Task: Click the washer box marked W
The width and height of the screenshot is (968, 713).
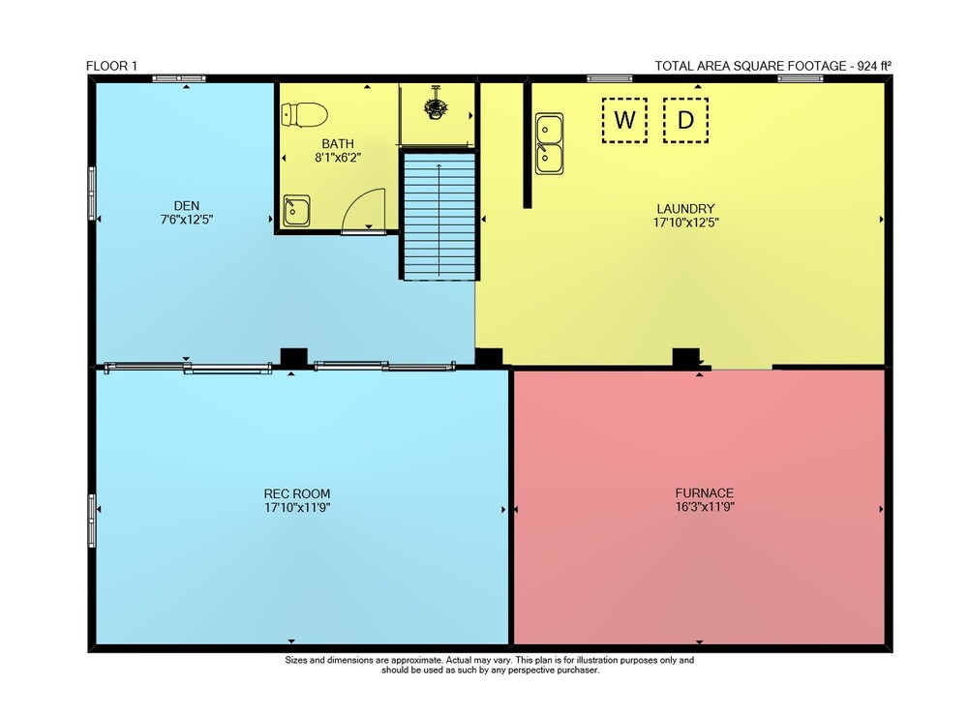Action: [624, 120]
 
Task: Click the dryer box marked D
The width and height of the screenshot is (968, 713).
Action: [685, 120]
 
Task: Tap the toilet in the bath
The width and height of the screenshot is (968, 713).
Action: [304, 115]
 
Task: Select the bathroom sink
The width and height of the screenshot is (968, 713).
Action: [296, 210]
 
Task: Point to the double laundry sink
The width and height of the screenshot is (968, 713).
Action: [549, 144]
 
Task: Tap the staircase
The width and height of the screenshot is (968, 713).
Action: [439, 216]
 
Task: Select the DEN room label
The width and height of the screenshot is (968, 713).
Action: [187, 205]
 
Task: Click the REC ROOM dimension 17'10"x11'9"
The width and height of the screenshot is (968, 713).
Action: [297, 508]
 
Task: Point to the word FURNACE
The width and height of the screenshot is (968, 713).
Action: [705, 492]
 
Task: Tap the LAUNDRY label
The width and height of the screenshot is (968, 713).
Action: [685, 208]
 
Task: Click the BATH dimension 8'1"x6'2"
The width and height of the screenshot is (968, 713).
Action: [338, 158]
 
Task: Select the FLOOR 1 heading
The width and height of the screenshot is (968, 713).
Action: [111, 66]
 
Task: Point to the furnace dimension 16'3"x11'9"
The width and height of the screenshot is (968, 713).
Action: [705, 507]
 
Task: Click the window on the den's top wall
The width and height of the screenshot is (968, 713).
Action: [179, 78]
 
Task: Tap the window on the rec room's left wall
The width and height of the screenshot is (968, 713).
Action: [92, 520]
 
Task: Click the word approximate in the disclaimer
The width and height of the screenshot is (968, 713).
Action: [416, 660]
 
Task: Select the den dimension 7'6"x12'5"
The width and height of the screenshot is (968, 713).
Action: [187, 220]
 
